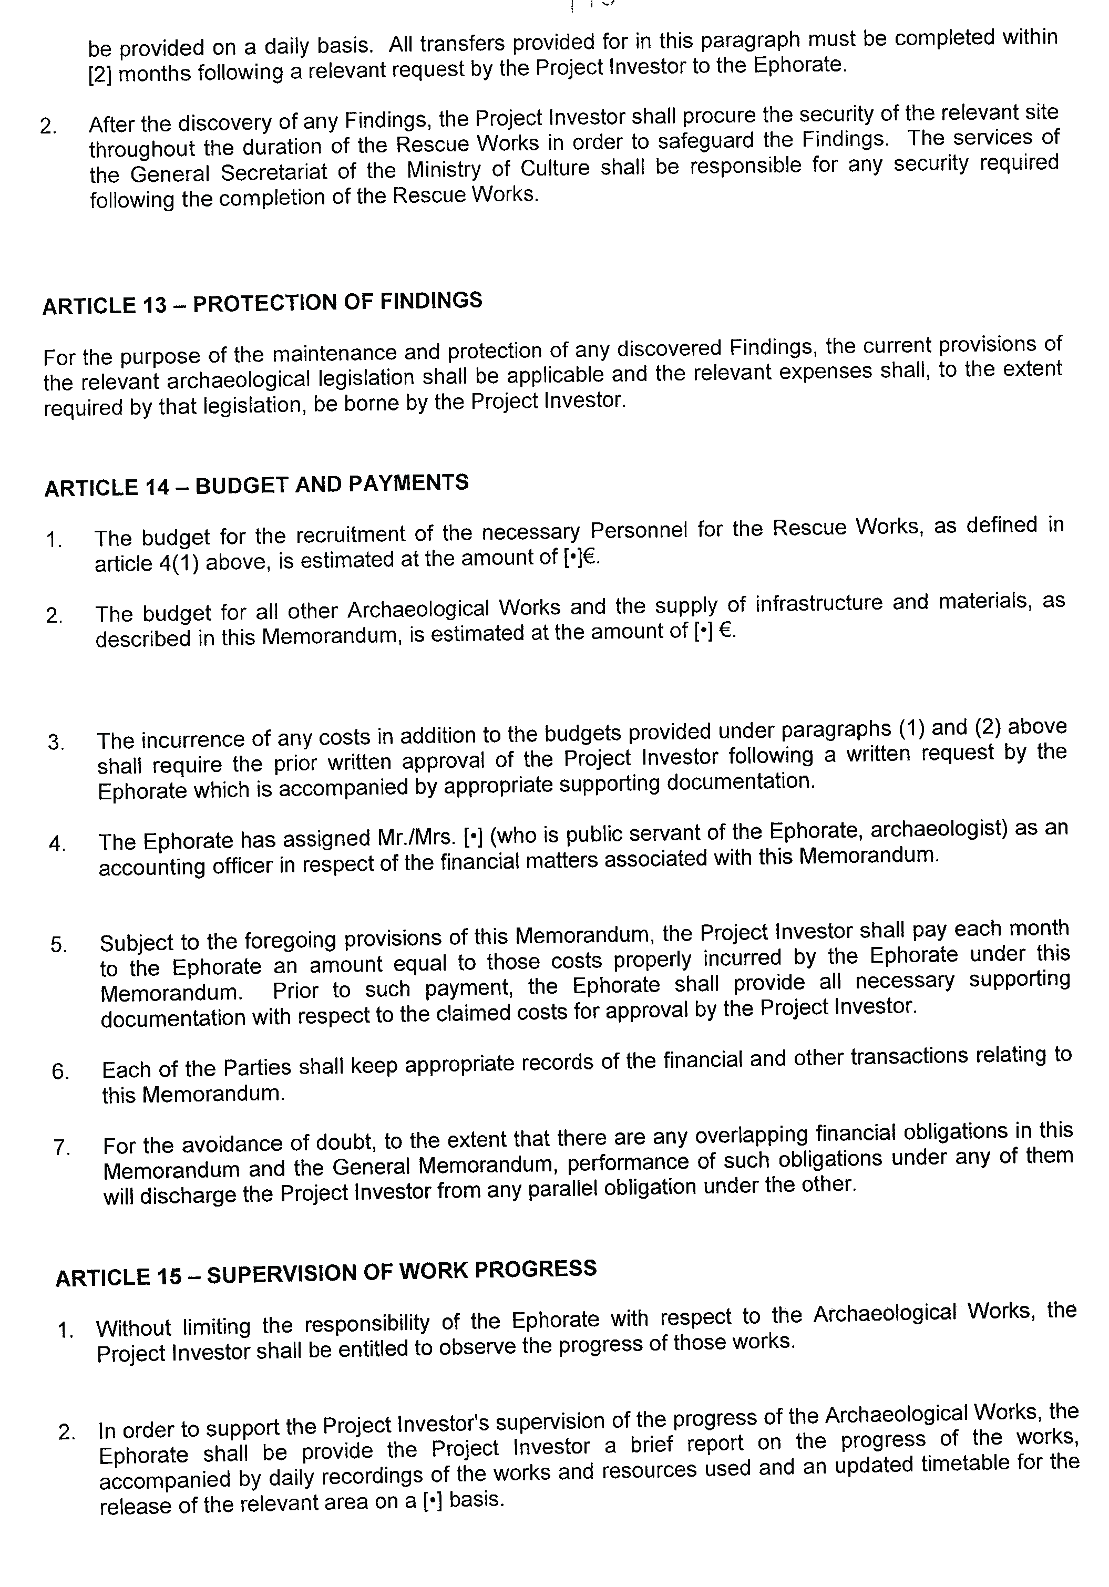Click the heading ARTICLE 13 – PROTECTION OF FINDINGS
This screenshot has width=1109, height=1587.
click(262, 303)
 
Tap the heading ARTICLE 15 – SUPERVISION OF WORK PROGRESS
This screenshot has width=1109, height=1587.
click(326, 1273)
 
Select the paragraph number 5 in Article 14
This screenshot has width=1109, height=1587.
click(59, 944)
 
